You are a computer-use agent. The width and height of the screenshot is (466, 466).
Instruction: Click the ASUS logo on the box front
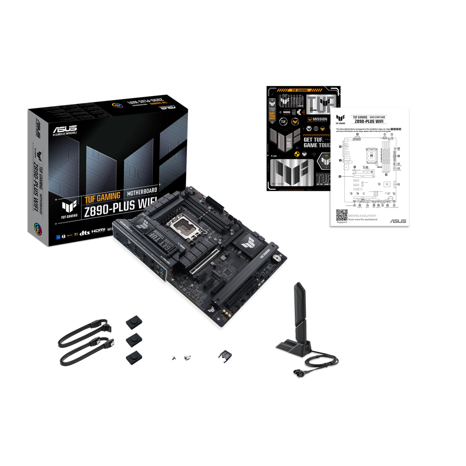click(x=65, y=130)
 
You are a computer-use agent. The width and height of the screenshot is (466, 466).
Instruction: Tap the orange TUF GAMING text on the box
click(x=102, y=197)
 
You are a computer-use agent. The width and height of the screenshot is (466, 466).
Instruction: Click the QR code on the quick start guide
click(x=341, y=214)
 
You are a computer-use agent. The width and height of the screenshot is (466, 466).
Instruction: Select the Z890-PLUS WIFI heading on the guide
click(x=370, y=122)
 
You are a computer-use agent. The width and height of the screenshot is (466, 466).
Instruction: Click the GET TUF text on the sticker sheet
click(x=314, y=140)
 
